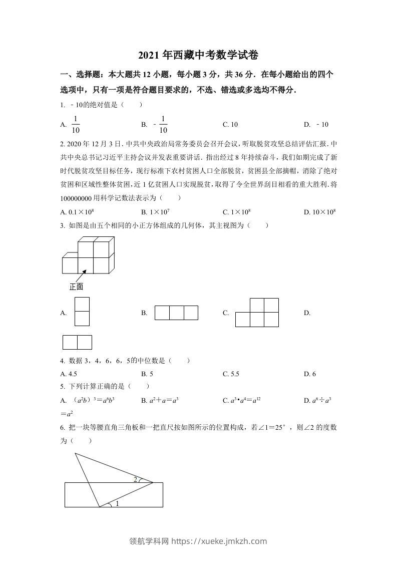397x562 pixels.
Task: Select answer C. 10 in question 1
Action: [230, 125]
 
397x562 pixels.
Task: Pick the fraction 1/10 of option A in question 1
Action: [76, 125]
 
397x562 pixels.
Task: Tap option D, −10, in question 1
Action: [316, 125]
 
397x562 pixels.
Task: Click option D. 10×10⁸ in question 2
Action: [319, 212]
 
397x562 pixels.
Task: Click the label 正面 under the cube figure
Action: [76, 287]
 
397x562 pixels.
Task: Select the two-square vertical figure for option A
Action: [82, 312]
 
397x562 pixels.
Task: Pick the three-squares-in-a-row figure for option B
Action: [176, 313]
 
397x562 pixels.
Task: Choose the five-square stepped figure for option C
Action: [257, 313]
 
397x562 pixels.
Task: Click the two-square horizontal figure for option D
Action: [77, 342]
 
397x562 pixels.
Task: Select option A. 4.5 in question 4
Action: [69, 374]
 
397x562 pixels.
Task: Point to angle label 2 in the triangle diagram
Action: [135, 479]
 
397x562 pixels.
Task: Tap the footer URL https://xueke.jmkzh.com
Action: [219, 541]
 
